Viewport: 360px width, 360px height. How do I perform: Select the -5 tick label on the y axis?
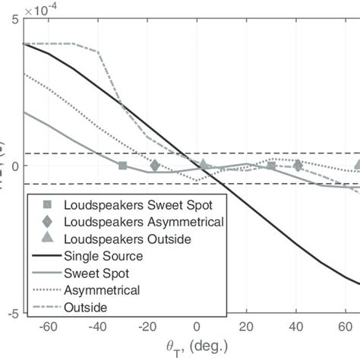13,312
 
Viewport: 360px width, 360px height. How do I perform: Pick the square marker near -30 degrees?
122,165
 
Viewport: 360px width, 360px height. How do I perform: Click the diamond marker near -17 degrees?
155,165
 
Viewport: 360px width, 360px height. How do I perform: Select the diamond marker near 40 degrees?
297,165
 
